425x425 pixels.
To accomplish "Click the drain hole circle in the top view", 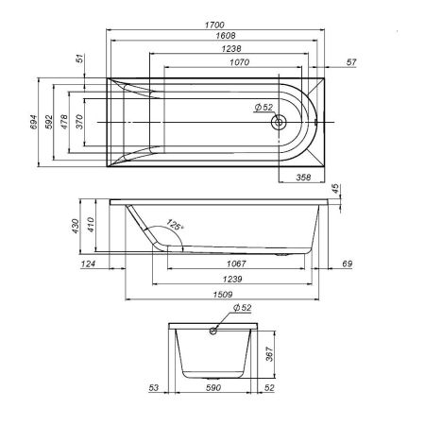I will pyautogui.click(x=279, y=123).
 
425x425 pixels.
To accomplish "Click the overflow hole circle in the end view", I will pyautogui.click(x=213, y=331).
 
